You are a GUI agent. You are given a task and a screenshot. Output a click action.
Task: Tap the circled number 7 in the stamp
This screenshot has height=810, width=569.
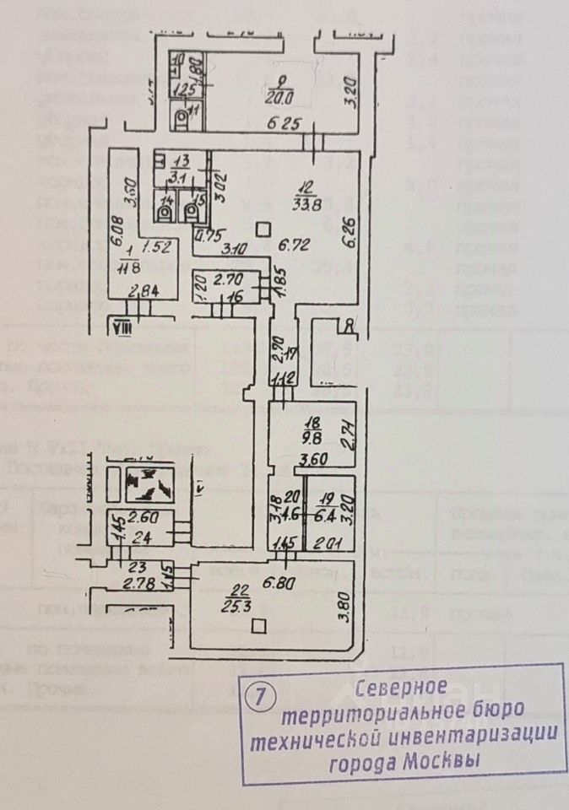259,697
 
